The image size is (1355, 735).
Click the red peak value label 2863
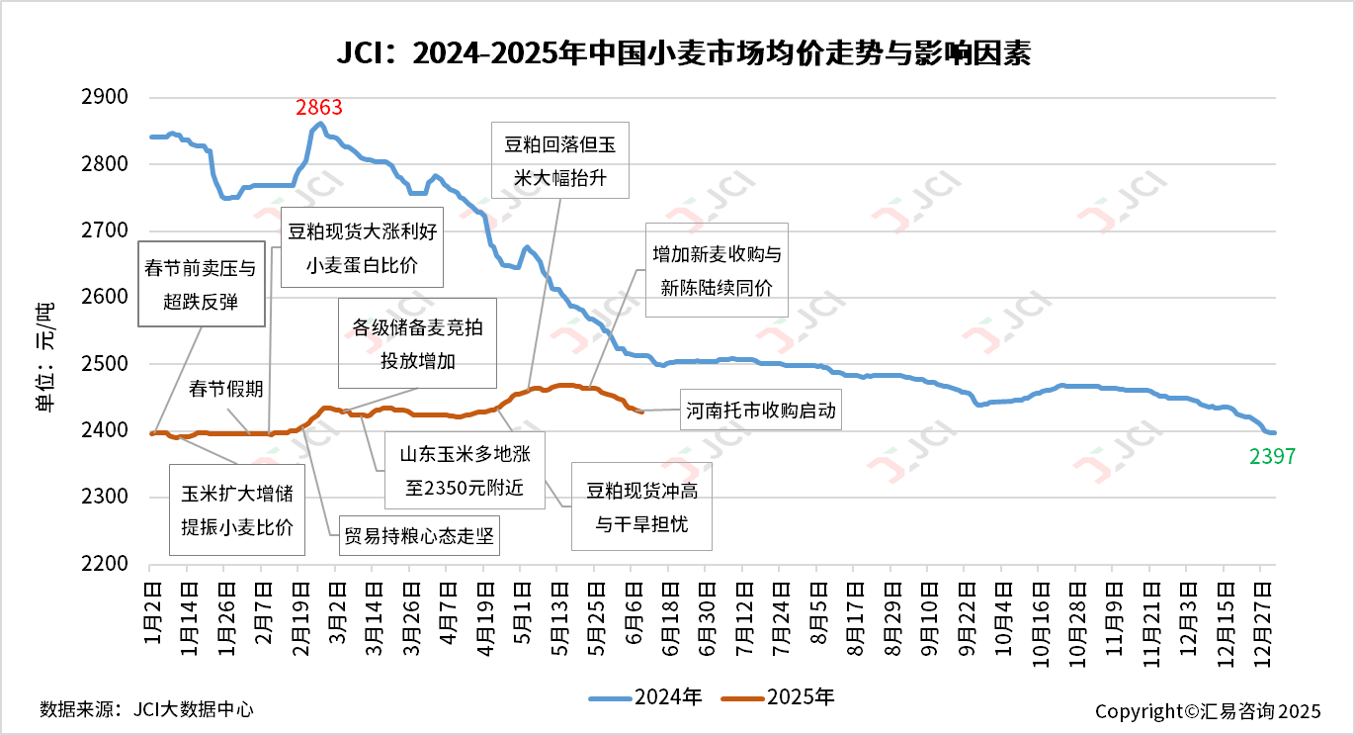click(x=318, y=107)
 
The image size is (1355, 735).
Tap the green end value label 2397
click(x=1271, y=456)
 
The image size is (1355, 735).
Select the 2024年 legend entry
click(x=646, y=697)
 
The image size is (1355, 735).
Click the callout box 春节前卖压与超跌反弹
click(x=203, y=284)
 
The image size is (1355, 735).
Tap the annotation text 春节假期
click(x=226, y=389)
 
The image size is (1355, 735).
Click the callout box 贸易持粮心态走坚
click(x=418, y=538)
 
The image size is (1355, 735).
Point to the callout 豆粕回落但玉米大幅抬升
click(x=559, y=161)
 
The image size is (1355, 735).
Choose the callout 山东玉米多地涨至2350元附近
click(x=464, y=471)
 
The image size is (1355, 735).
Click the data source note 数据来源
click(x=146, y=709)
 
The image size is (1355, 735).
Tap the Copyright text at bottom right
click(x=1207, y=710)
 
